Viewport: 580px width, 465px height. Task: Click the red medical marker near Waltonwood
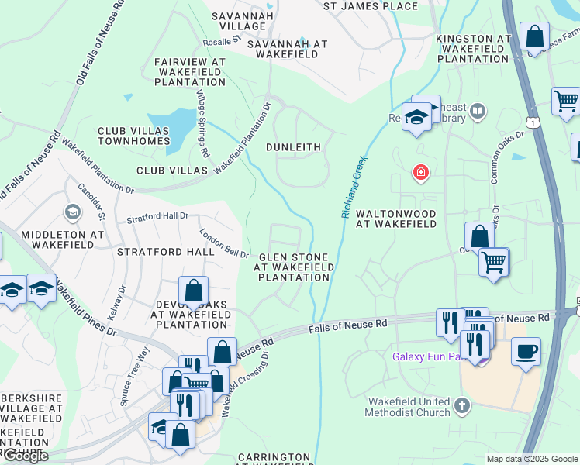[420, 171]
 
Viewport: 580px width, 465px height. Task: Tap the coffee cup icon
[526, 351]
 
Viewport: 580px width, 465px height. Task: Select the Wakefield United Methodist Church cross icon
[462, 405]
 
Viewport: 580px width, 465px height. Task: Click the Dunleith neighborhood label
[293, 146]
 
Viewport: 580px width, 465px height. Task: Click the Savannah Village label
[242, 21]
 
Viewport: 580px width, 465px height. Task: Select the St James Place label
[370, 6]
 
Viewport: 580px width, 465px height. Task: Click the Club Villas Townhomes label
[133, 136]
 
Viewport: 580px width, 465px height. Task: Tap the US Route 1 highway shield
[532, 122]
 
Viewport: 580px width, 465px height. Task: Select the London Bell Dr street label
[223, 243]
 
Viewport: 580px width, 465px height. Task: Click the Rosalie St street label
[221, 40]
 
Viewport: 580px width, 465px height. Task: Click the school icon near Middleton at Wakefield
[72, 212]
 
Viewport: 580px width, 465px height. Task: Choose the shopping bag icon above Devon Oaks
[193, 291]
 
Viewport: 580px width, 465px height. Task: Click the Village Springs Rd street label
[202, 125]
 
